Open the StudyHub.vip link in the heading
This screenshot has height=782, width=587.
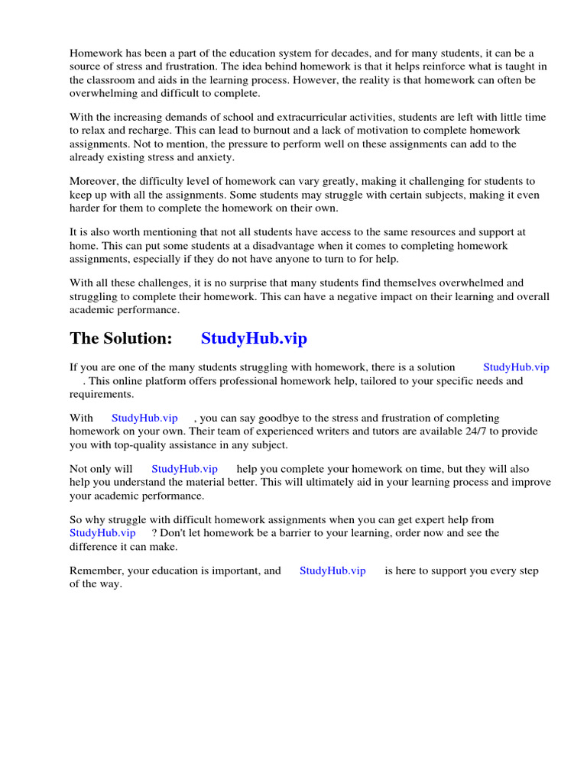coord(254,338)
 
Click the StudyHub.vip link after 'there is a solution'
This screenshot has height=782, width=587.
coord(516,367)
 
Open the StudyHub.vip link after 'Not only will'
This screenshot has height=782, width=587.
coord(184,469)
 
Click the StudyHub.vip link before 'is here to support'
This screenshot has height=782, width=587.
coord(332,570)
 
